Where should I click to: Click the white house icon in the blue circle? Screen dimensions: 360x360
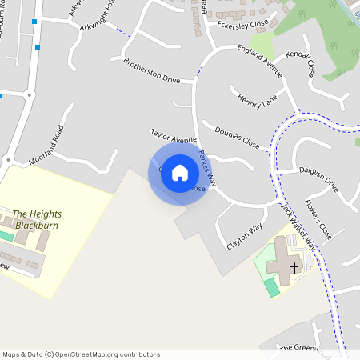180,173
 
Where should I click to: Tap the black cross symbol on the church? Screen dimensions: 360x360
294,267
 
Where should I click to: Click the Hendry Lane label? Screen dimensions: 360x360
256,102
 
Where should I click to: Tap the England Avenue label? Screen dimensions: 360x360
261,61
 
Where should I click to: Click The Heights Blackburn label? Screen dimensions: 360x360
36,219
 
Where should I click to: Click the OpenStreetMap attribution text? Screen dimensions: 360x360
81,354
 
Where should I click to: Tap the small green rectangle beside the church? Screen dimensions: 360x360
274,286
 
